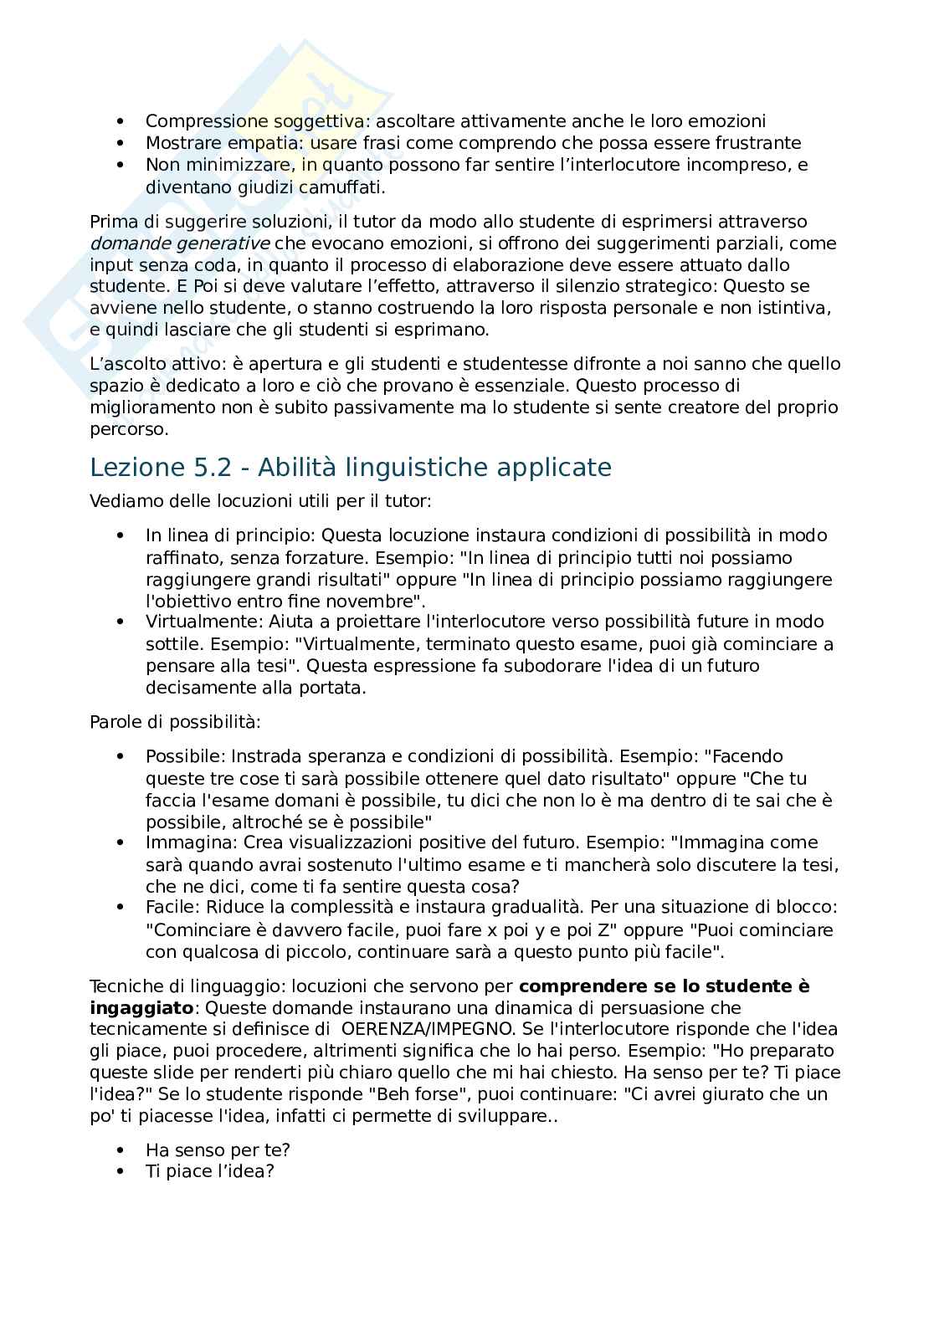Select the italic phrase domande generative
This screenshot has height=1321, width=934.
(x=179, y=243)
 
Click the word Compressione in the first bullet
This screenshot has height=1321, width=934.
(x=195, y=121)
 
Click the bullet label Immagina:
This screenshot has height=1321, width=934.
(x=183, y=842)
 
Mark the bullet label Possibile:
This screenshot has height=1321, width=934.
(x=186, y=756)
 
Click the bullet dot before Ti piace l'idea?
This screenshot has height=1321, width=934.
(x=122, y=1171)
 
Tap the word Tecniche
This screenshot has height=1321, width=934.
(x=124, y=986)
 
